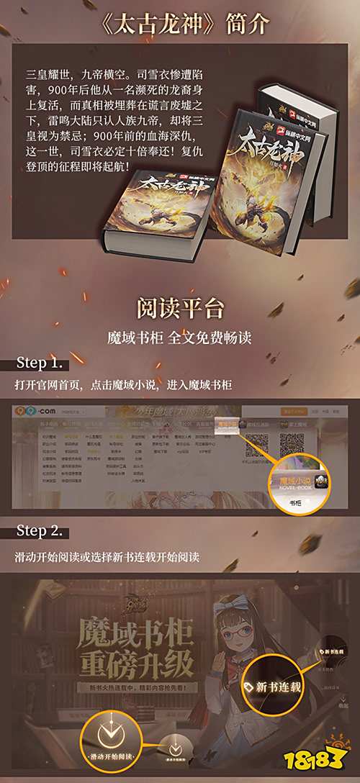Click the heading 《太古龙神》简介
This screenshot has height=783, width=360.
(180, 24)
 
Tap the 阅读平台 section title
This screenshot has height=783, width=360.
(179, 307)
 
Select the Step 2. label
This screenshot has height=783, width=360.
(42, 532)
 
